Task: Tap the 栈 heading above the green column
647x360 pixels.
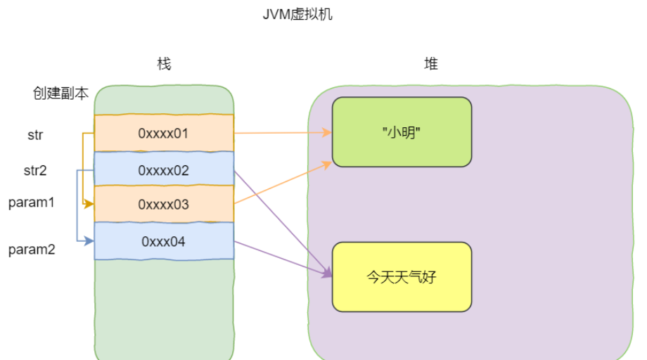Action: tap(164, 65)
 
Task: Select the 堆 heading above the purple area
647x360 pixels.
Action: tap(430, 65)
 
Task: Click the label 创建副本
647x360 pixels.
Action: tap(60, 94)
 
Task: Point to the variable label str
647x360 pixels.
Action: tap(35, 135)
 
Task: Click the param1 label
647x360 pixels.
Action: tap(32, 202)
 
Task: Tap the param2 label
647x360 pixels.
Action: tap(32, 249)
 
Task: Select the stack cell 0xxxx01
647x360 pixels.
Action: tap(164, 133)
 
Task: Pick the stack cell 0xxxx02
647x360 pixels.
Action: tap(164, 170)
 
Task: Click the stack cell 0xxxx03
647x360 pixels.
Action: tap(164, 205)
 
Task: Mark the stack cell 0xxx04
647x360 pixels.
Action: tap(164, 241)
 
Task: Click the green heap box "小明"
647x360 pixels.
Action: tap(402, 132)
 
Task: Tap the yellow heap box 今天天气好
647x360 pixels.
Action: tap(402, 276)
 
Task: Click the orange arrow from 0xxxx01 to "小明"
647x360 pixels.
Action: tap(281, 132)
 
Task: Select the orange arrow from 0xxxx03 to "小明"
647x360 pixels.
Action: tap(281, 183)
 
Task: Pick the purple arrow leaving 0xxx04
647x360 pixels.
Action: tap(281, 257)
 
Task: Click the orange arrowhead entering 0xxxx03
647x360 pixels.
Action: tap(89, 205)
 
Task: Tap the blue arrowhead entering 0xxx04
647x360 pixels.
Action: tap(89, 241)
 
